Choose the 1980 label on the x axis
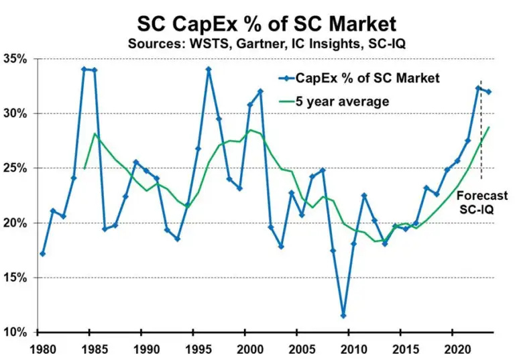(42, 349)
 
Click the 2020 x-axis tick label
(455, 349)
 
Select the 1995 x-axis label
(197, 349)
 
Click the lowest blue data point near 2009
(343, 316)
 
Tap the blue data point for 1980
(43, 254)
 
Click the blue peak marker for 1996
(209, 69)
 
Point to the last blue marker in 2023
(488, 92)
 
